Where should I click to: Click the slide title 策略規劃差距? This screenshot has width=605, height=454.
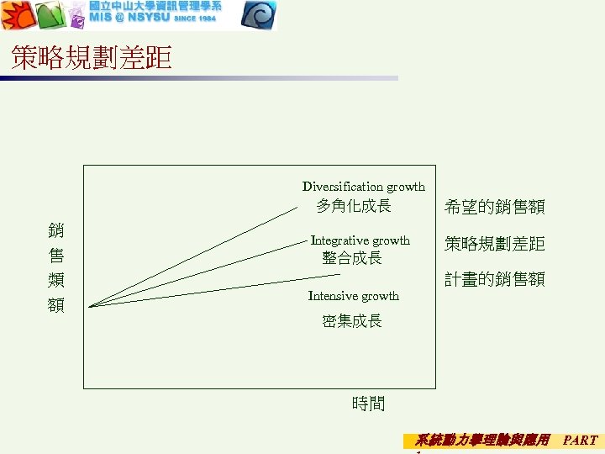click(92, 57)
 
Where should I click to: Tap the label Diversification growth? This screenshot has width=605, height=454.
click(364, 187)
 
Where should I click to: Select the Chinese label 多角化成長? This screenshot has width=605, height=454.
click(354, 206)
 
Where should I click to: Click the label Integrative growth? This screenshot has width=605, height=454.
click(360, 240)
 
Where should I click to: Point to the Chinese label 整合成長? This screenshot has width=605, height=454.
click(352, 258)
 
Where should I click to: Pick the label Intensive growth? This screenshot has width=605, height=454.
click(354, 296)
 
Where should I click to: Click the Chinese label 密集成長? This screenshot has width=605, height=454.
click(352, 320)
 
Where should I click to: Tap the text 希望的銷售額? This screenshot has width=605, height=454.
click(495, 206)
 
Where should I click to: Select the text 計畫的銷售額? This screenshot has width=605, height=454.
click(495, 279)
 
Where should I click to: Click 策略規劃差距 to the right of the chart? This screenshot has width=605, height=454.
click(495, 244)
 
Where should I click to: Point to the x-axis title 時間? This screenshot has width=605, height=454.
click(368, 404)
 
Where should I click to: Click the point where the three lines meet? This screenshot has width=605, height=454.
click(89, 306)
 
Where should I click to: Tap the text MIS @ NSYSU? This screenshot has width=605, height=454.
click(128, 18)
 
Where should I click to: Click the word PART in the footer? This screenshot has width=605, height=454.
click(580, 440)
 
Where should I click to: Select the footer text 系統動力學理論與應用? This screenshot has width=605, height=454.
click(482, 440)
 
